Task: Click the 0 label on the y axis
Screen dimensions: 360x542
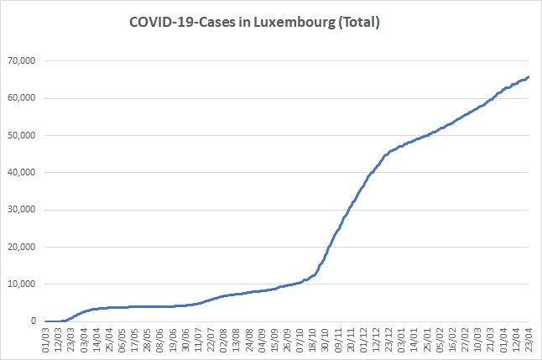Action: click(34, 321)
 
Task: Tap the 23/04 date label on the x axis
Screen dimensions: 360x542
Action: click(527, 341)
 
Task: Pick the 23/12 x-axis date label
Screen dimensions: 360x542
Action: click(389, 341)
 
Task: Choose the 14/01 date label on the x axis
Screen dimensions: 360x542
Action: click(412, 341)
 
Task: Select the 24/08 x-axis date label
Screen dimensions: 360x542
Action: click(248, 341)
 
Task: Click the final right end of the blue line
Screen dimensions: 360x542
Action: click(529, 77)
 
